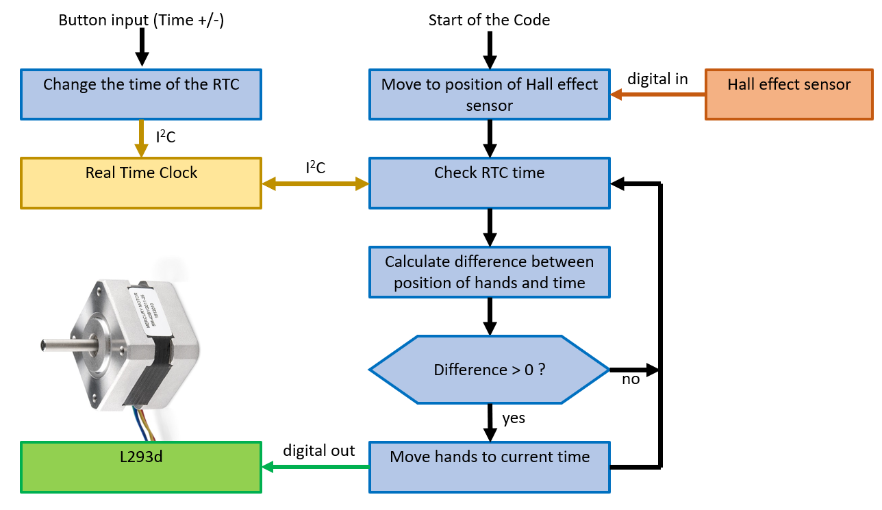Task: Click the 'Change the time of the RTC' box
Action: click(141, 94)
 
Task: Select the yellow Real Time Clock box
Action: click(141, 183)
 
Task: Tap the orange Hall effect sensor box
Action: click(789, 94)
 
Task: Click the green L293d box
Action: click(141, 467)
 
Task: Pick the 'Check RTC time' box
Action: click(489, 183)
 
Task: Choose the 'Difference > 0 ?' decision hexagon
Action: click(489, 369)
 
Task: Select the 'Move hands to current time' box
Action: click(489, 467)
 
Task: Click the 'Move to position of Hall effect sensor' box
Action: click(489, 94)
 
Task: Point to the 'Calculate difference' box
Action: click(489, 272)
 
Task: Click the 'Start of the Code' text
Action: click(489, 20)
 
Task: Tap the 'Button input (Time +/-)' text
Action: click(141, 21)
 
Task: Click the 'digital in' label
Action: click(657, 79)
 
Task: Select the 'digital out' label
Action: click(319, 450)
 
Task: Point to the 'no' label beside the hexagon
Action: click(631, 379)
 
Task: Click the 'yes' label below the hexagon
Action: click(514, 418)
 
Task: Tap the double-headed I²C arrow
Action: click(316, 183)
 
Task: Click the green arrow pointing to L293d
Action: click(316, 467)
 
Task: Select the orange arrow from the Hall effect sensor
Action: click(657, 94)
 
